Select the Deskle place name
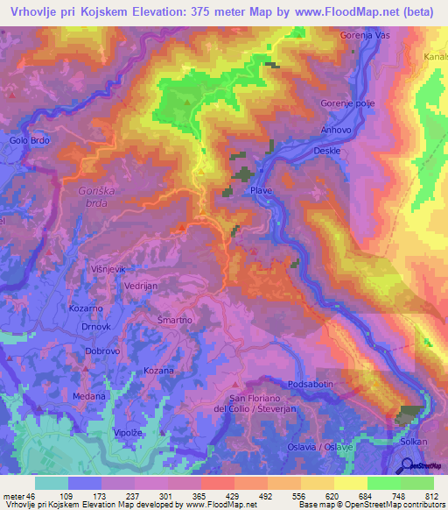point(326,150)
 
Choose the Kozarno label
point(86,309)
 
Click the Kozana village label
point(159,372)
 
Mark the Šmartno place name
point(175,322)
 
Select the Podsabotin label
point(312,385)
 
